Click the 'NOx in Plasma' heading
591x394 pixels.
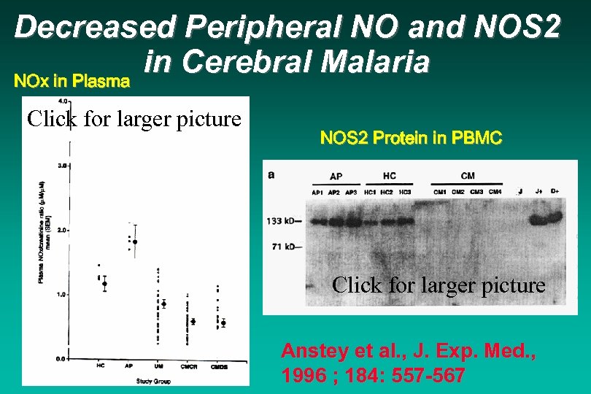pyautogui.click(x=72, y=81)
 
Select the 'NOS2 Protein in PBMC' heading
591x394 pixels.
pyautogui.click(x=411, y=138)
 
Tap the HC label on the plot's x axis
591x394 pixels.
pyautogui.click(x=100, y=366)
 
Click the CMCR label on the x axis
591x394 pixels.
pyautogui.click(x=192, y=366)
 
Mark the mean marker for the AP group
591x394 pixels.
pyautogui.click(x=134, y=242)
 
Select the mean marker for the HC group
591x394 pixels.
pyautogui.click(x=104, y=284)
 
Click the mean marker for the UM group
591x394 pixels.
pyautogui.click(x=164, y=304)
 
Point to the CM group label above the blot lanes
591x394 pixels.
pyautogui.click(x=467, y=177)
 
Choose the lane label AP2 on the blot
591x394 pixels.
pyautogui.click(x=333, y=192)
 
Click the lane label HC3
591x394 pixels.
pyautogui.click(x=405, y=192)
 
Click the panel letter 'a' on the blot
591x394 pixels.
pyautogui.click(x=271, y=175)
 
